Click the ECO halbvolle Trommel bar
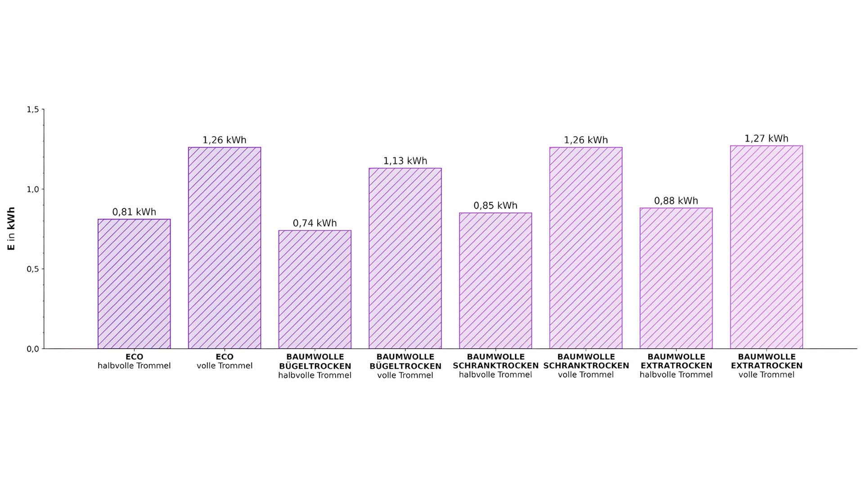[134, 284]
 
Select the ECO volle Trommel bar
[225, 248]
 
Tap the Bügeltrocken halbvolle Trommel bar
[315, 289]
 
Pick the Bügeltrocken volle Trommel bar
[405, 258]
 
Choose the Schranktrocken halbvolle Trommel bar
[495, 281]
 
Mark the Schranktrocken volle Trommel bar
[586, 248]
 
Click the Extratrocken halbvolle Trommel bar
[676, 278]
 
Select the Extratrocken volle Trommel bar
[766, 247]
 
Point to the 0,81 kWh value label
[134, 212]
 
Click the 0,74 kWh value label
[315, 223]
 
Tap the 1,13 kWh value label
[405, 161]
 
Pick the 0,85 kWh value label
[495, 206]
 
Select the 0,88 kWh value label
[676, 201]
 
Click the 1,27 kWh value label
[766, 139]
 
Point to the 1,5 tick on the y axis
[33, 109]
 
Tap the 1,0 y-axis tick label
[33, 189]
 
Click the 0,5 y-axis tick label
[33, 269]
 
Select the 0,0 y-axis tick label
[33, 349]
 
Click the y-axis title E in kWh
[11, 229]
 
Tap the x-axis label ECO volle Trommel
[225, 361]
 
